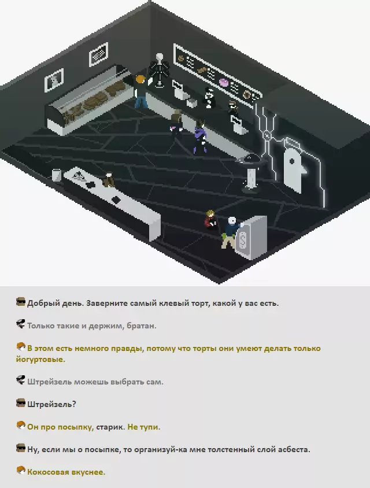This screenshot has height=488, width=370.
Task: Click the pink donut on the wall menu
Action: point(224,83)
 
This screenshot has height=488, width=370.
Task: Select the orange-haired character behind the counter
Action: point(141,91)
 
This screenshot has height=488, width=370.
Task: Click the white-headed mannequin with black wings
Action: point(160,71)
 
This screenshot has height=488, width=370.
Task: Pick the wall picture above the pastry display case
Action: point(99,54)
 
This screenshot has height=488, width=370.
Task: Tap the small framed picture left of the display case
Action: point(54,79)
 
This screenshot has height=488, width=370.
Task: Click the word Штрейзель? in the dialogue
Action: point(51,404)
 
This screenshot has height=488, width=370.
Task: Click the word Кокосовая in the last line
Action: point(48,472)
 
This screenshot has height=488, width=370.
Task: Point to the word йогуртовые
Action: point(40,360)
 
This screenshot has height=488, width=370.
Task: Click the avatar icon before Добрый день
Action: point(21,302)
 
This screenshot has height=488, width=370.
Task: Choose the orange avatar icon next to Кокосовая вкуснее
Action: point(21,470)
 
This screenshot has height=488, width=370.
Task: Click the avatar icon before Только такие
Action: point(21,324)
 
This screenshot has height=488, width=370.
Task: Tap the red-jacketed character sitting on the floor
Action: point(210,220)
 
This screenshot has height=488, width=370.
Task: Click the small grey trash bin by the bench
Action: point(56,175)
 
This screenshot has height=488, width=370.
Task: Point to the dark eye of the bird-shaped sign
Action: point(292,161)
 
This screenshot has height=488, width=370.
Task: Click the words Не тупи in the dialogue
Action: point(144,427)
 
